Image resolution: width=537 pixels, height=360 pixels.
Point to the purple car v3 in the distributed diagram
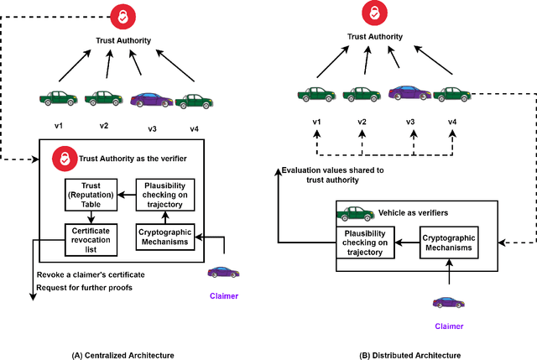(x=409, y=92)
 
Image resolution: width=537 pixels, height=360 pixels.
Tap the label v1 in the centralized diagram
(x=59, y=126)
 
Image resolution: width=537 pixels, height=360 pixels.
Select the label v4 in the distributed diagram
(x=452, y=123)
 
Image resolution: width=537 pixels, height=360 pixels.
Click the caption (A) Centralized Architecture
(x=123, y=355)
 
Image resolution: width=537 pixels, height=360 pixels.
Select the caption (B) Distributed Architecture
(x=409, y=355)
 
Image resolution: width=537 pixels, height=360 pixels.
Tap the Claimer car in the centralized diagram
(x=222, y=272)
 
